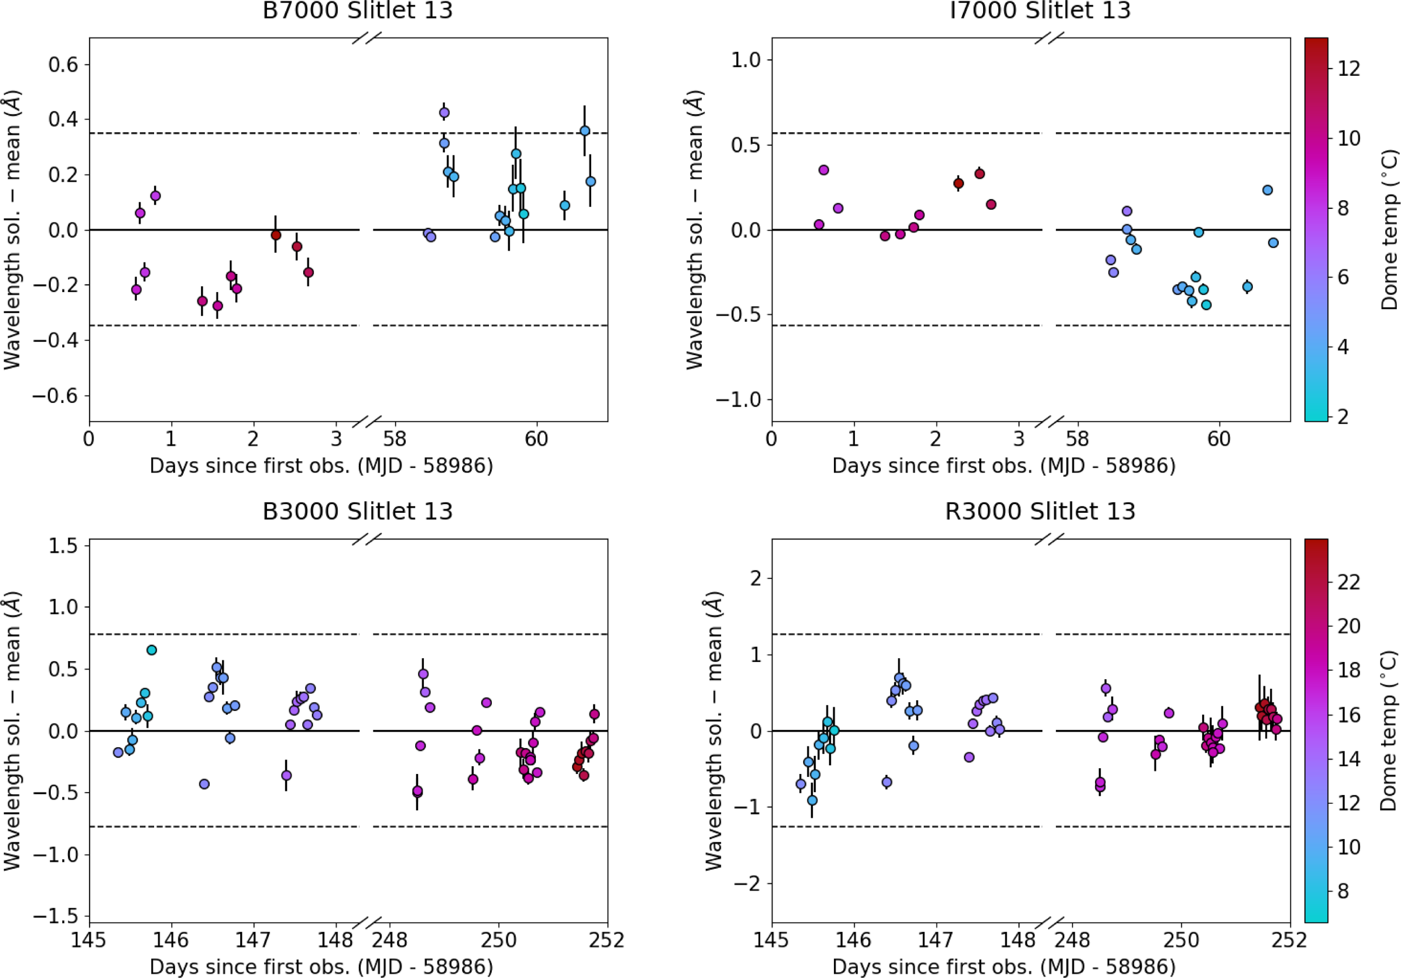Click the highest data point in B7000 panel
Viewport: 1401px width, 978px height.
(444, 113)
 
